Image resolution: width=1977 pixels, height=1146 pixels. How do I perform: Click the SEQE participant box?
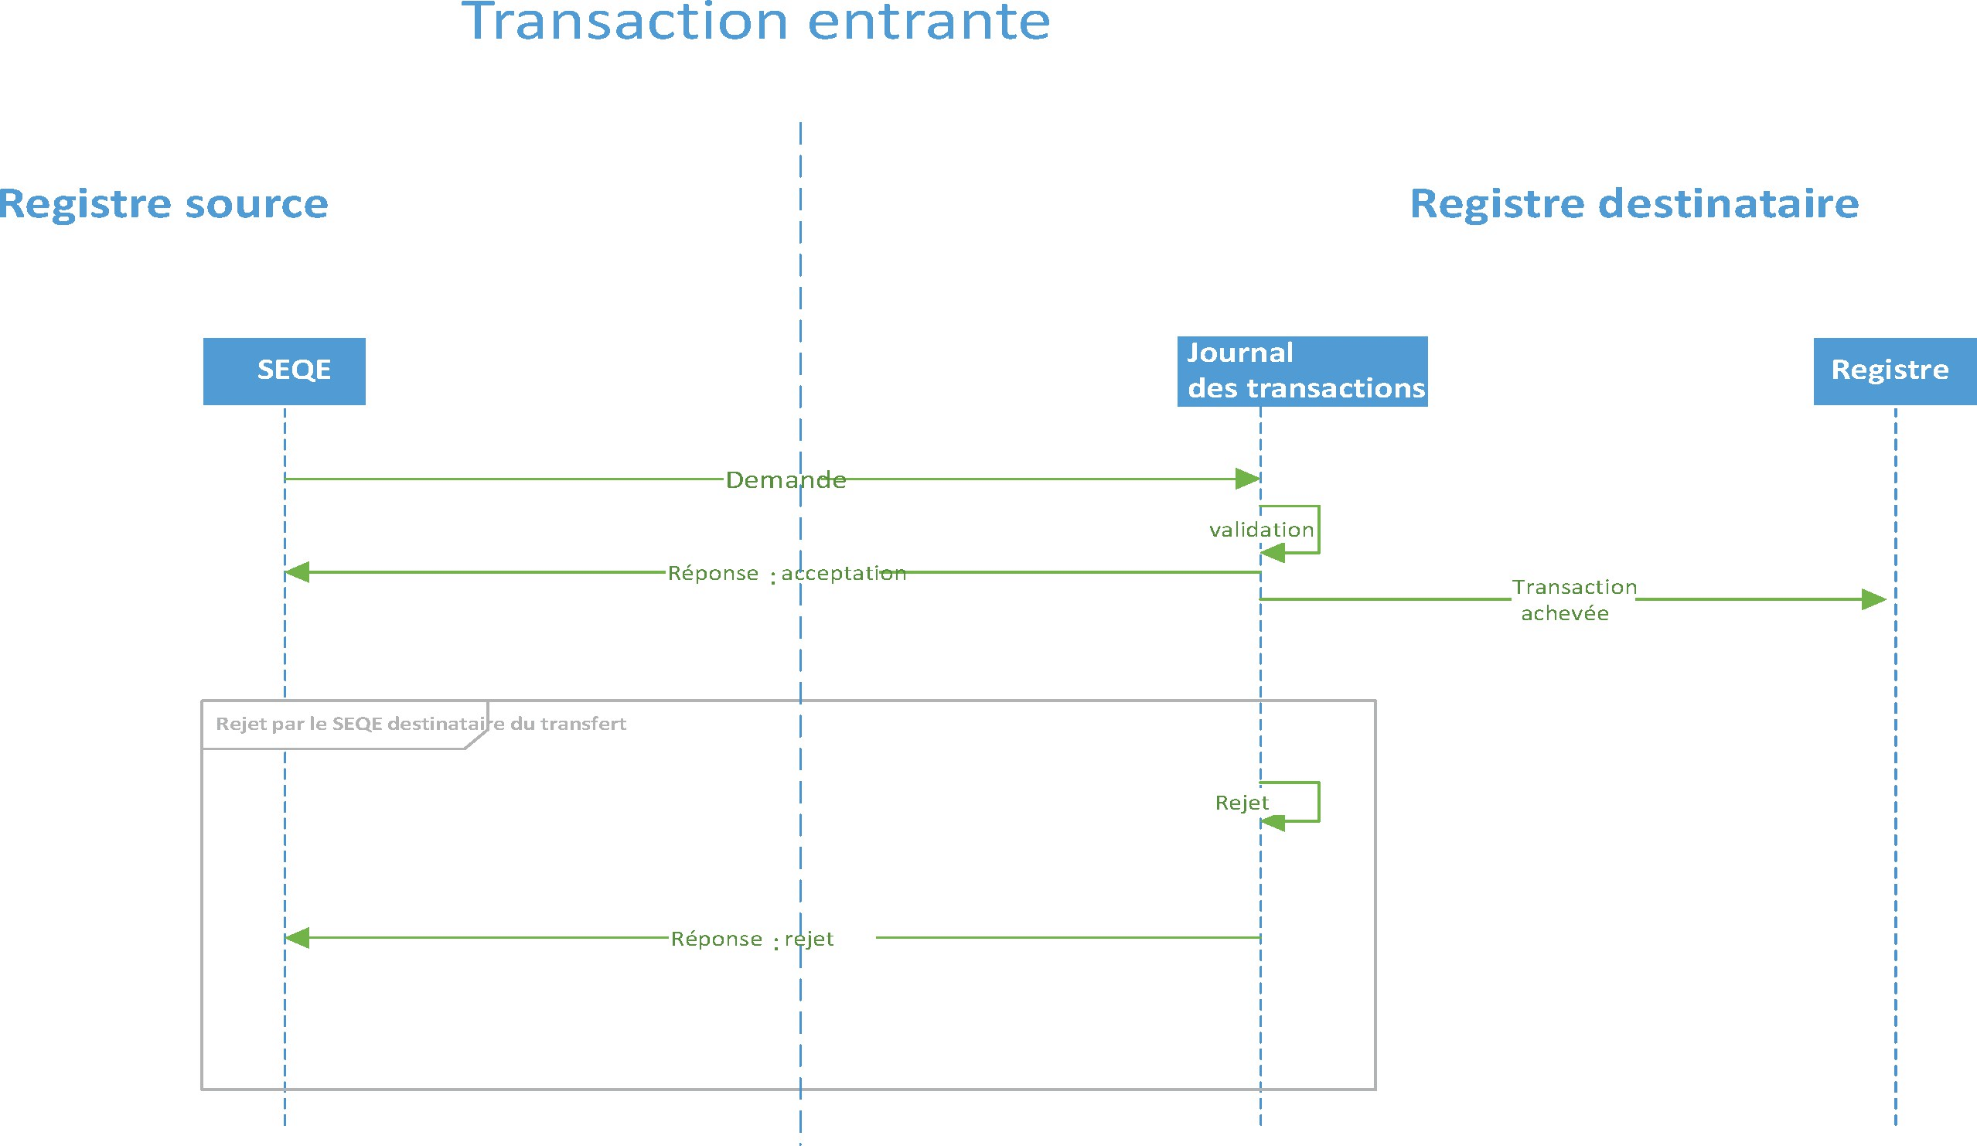pos(284,371)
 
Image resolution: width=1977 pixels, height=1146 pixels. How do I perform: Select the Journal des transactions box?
pos(1302,371)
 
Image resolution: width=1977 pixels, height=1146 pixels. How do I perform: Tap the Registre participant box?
pos(1895,371)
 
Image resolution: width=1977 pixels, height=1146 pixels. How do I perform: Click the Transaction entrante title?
pos(756,22)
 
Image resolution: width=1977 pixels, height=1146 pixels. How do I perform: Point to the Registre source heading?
pos(163,204)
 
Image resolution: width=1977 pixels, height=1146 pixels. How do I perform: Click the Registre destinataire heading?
pos(1635,204)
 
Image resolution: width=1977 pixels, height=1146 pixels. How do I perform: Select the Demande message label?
pos(786,479)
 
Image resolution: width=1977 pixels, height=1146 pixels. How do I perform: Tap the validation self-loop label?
pos(1262,530)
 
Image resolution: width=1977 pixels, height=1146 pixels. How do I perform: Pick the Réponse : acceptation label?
pos(787,574)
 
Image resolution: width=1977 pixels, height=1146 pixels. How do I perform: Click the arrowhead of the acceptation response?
pos(297,572)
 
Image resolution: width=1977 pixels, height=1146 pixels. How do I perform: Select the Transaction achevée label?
pos(1573,600)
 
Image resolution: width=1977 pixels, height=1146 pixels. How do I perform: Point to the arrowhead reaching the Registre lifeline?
pos(1874,600)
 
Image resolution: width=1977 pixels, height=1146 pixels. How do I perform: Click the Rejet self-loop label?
pos(1242,803)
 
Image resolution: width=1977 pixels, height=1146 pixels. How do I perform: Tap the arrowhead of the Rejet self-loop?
pos(1273,822)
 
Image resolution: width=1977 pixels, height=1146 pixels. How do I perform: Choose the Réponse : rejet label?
pos(752,939)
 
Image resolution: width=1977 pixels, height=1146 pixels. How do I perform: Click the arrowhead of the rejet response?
pos(297,937)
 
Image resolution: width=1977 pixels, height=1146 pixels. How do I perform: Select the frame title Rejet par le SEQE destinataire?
pos(421,724)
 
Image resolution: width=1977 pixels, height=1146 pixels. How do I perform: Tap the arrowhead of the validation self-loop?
pos(1273,554)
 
